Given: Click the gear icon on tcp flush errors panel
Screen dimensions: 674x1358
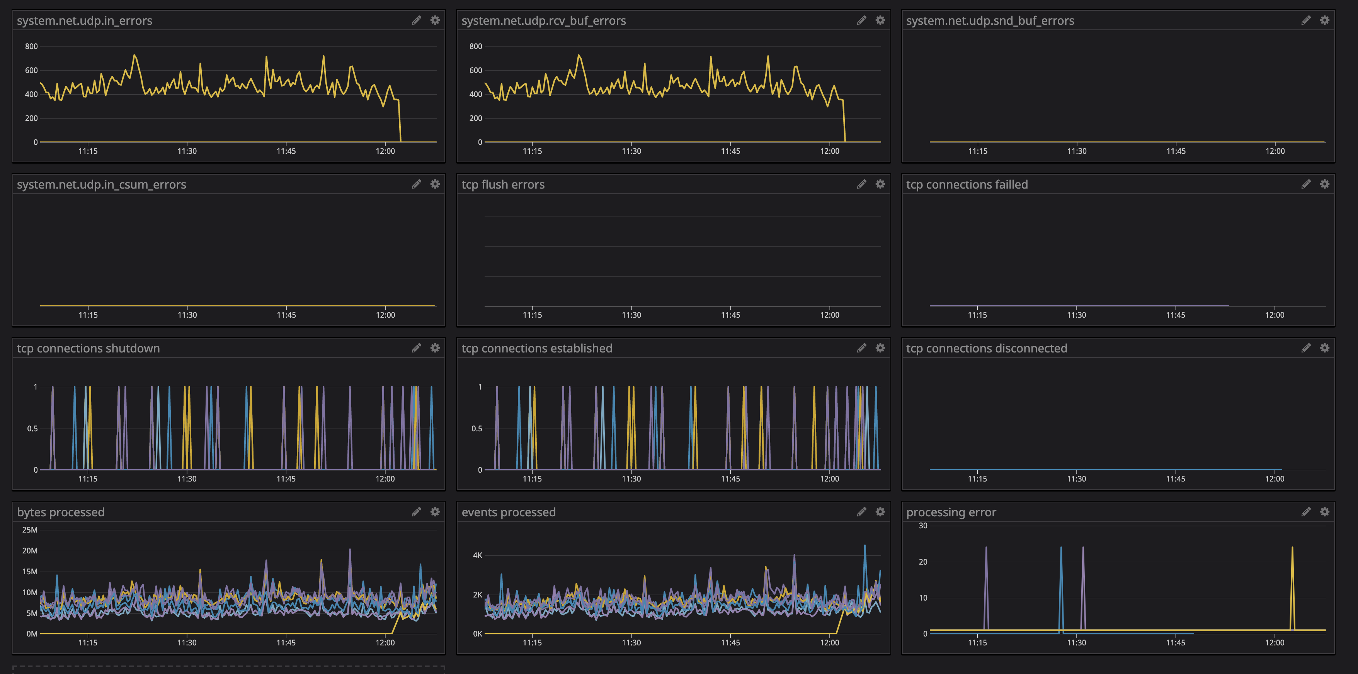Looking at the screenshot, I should coord(880,184).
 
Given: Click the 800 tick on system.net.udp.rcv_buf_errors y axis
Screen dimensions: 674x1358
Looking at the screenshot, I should coord(475,46).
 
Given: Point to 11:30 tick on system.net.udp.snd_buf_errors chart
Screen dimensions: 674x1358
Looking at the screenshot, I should coord(1077,151).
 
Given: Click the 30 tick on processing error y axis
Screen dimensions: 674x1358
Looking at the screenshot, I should coord(922,526).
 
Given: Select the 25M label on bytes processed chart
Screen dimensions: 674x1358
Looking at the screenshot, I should coord(29,530).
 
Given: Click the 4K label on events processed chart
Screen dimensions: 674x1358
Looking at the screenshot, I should coord(477,555).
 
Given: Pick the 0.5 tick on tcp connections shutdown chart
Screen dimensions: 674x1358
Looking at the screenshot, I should coord(32,429).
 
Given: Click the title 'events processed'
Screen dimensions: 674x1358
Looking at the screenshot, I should coord(508,512).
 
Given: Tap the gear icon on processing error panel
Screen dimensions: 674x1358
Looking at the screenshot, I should coord(1324,512).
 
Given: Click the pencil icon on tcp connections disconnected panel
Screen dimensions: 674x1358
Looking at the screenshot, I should coord(1306,348).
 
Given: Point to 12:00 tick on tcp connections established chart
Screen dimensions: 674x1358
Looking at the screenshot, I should coord(829,479).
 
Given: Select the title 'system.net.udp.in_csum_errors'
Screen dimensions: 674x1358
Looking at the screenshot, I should coord(101,185).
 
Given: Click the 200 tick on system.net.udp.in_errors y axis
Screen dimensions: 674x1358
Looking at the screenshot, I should coord(31,118).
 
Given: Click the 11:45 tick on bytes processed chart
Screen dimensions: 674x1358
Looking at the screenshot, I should coord(286,642).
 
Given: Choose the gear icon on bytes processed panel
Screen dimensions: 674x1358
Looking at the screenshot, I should coord(435,512).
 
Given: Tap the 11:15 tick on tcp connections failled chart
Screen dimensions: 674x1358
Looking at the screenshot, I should coord(977,315).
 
